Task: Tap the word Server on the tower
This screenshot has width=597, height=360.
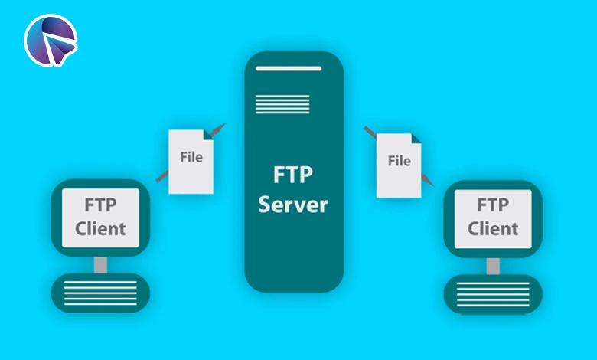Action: click(x=293, y=205)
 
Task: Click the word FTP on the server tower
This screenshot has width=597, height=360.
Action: click(x=293, y=174)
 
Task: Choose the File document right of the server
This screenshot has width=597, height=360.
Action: click(x=399, y=164)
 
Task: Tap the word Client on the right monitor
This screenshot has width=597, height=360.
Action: click(x=493, y=227)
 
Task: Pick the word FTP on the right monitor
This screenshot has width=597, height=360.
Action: click(x=493, y=205)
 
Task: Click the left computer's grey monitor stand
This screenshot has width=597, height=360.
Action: click(x=100, y=265)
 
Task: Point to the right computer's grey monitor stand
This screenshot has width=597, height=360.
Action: click(x=493, y=265)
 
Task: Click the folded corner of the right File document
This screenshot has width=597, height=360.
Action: click(x=415, y=140)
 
